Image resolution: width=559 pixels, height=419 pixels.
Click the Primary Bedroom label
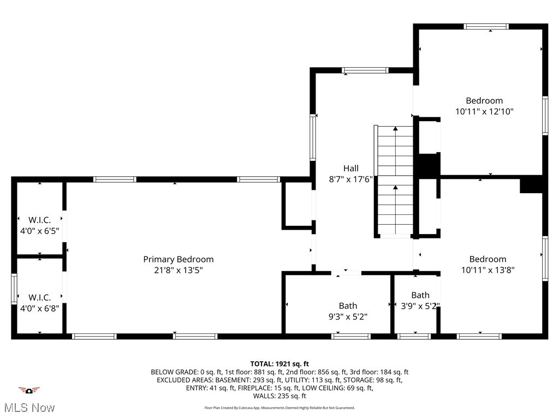tap(178, 259)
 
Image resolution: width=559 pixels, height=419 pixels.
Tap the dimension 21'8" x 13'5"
tap(178, 270)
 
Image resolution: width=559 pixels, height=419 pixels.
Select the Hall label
tap(351, 168)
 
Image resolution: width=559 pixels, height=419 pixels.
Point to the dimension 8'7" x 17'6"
tap(351, 178)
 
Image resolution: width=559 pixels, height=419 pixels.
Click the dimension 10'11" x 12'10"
tap(484, 111)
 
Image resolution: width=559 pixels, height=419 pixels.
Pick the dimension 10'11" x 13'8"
tap(487, 270)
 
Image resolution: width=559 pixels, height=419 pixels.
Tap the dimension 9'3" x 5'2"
tap(348, 316)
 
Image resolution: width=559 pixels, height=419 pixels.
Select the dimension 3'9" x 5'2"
tap(420, 306)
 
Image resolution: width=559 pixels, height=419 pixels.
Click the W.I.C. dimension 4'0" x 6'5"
tap(40, 230)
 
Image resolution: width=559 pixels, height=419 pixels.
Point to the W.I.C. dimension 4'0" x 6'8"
tap(40, 308)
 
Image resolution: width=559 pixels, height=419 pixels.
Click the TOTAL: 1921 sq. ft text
tap(279, 363)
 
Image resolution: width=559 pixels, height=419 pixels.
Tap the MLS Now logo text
tap(29, 408)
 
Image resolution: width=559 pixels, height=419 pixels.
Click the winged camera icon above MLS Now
tap(29, 390)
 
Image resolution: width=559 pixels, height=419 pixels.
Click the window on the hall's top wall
tap(365, 70)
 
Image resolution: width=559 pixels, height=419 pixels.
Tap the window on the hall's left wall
tap(313, 137)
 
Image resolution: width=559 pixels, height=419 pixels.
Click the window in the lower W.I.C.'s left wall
tap(14, 288)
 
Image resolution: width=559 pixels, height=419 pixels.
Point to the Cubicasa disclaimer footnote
tap(279, 408)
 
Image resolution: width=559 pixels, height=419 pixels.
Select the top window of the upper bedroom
tap(486, 26)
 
